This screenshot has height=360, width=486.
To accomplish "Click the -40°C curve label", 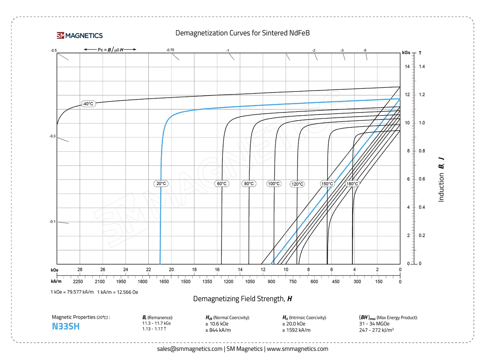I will pos(88,104).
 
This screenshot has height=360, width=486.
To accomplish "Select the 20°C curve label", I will pos(161,183).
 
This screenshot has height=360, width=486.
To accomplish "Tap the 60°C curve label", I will pos(222,183).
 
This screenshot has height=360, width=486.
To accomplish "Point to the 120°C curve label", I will pos(297,184).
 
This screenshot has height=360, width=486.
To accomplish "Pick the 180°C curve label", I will pos(352,184).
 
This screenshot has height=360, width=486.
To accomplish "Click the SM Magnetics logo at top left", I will pos(80,36).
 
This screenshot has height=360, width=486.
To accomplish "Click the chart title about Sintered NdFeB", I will pos(242,33).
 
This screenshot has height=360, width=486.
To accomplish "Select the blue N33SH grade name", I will pos(66,327).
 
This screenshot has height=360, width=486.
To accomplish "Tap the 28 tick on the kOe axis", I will pos(80,269).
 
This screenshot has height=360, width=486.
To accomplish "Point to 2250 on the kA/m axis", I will pos(78,282).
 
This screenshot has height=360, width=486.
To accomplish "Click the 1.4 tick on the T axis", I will pos(422,67).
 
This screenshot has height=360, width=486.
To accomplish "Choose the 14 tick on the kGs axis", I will pos(407,67).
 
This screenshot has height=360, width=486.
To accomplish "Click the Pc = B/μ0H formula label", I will pos(110,50).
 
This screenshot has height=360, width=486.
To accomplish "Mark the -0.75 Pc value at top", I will pos(170,50).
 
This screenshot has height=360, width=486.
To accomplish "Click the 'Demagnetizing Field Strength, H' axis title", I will pos(242,299).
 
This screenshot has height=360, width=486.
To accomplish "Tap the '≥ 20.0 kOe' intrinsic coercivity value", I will pos(294,324).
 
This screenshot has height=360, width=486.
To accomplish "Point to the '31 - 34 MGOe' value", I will pos(374,324).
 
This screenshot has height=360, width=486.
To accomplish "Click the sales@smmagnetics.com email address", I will pos(190,349).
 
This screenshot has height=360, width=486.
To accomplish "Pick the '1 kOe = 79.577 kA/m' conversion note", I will pos(72,292).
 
